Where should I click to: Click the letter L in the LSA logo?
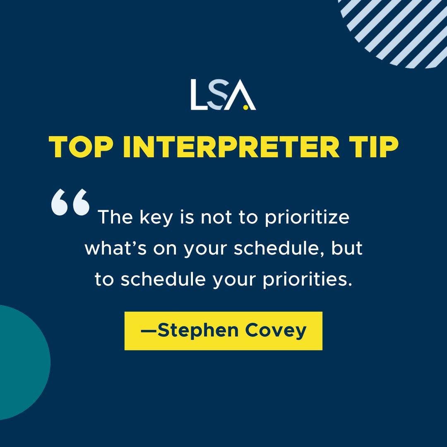198,95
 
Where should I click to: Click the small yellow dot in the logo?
246,107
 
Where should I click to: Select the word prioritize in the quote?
307,217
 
